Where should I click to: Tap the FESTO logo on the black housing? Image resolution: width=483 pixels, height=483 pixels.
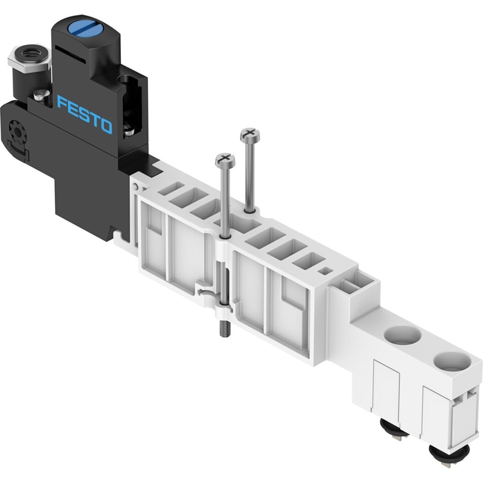85,114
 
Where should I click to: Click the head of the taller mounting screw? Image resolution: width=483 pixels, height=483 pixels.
250,135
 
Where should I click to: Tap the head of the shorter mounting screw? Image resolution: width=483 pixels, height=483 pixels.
225,160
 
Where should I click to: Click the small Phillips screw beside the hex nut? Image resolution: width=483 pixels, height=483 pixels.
42,95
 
